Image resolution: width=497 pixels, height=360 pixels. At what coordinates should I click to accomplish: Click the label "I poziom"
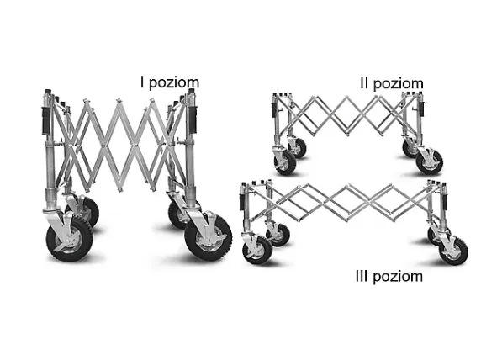(170, 82)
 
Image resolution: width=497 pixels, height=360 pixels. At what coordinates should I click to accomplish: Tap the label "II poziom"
(392, 83)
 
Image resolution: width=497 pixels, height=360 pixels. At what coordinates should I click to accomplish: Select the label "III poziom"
(389, 277)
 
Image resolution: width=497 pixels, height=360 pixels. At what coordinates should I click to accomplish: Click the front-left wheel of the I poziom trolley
(70, 239)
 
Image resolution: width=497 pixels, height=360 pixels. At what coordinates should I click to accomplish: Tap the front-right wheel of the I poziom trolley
(209, 237)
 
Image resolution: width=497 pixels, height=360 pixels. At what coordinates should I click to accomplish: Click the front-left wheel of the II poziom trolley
(285, 163)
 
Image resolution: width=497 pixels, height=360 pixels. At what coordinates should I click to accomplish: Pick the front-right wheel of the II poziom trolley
(429, 162)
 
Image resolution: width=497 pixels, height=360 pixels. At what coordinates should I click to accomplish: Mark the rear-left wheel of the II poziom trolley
(299, 148)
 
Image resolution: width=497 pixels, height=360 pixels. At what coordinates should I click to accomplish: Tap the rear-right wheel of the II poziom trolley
(411, 149)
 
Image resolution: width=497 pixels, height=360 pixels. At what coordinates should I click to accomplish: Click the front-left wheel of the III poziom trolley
(257, 250)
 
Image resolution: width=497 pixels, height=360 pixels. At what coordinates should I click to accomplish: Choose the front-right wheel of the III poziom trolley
(453, 251)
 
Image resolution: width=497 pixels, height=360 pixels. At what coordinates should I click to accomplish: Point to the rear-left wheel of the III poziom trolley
(278, 235)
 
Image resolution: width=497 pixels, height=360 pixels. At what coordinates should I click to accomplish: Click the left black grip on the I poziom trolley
(46, 120)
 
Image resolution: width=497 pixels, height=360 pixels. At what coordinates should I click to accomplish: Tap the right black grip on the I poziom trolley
(193, 119)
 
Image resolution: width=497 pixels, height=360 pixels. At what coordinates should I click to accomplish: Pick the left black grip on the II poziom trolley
(273, 109)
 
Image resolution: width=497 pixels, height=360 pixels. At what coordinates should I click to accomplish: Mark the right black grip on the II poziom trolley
(421, 109)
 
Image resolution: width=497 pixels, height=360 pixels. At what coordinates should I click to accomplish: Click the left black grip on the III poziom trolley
(242, 202)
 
